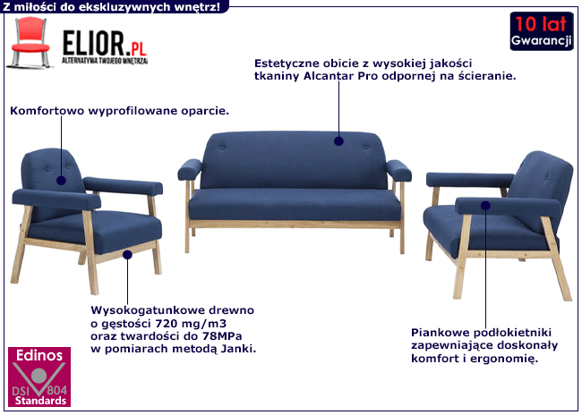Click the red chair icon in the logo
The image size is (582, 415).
[30, 43]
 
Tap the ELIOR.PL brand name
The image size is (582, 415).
[105, 44]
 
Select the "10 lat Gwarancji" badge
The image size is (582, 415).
[541, 31]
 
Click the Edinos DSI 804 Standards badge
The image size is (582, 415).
[39, 377]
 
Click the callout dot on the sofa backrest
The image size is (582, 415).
[338, 141]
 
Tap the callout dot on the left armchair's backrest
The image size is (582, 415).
[61, 181]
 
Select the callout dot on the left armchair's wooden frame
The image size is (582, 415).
[127, 255]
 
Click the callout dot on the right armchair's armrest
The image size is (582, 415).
[485, 206]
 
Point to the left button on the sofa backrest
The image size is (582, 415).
[222, 148]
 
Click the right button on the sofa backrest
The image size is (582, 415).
[366, 148]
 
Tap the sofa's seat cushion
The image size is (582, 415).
[295, 205]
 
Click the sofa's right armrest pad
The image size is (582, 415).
[398, 170]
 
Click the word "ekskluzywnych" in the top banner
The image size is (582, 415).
[111, 6]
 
